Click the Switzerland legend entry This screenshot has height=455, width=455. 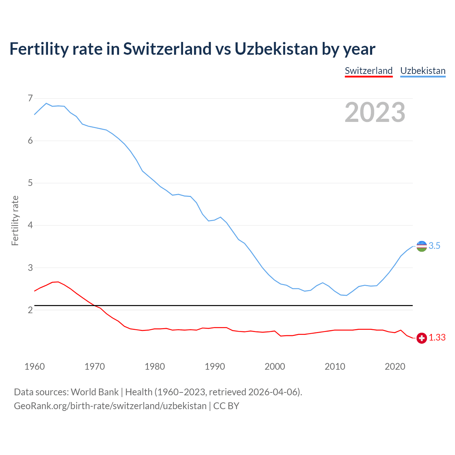click(369, 71)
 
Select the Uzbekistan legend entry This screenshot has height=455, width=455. click(423, 71)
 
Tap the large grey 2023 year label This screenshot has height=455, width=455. click(375, 112)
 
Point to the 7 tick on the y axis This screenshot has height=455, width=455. click(30, 98)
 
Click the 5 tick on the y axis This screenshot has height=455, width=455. click(30, 183)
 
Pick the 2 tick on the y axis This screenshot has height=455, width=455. click(30, 310)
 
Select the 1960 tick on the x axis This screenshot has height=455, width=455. click(34, 366)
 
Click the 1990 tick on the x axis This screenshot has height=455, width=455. click(215, 366)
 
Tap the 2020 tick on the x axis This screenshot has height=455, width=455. click(395, 366)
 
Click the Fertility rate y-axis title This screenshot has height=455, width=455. click(15, 220)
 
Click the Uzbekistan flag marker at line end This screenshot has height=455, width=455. click(422, 246)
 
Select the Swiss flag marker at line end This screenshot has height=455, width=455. click(422, 338)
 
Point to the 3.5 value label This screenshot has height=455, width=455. click(434, 246)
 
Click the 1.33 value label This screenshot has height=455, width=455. click(437, 338)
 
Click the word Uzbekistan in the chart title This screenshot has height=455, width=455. click(276, 49)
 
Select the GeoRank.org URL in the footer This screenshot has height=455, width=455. click(110, 406)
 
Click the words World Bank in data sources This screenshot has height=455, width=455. click(95, 392)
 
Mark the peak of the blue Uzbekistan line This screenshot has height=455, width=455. click(46, 103)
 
